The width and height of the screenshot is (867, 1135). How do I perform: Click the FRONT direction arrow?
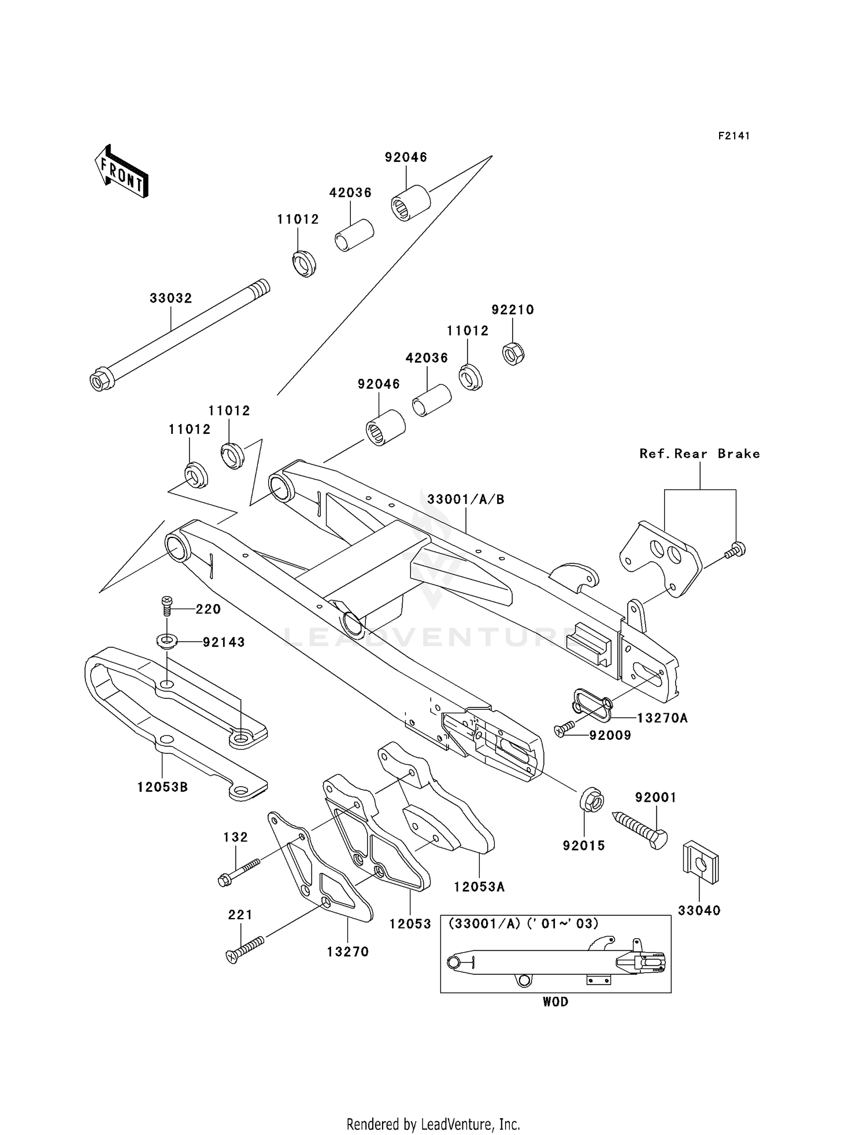pos(121,172)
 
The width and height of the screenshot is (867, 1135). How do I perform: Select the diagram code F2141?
pos(733,136)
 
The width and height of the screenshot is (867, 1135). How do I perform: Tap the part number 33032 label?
pos(171,299)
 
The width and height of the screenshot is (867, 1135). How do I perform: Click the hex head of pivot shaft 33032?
pos(100,381)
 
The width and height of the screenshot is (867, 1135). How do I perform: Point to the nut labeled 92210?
pos(513,353)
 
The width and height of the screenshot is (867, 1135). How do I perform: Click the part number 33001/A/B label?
pos(465,499)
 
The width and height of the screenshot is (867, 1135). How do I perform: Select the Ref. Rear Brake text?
pos(699,454)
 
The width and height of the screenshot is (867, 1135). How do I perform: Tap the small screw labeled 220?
pos(167,606)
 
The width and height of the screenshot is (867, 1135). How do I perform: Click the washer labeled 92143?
pos(167,640)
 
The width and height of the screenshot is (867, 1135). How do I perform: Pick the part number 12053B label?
pos(162,787)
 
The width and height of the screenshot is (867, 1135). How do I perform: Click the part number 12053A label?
pos(479,886)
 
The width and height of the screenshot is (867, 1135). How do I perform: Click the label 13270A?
pos(662,718)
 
